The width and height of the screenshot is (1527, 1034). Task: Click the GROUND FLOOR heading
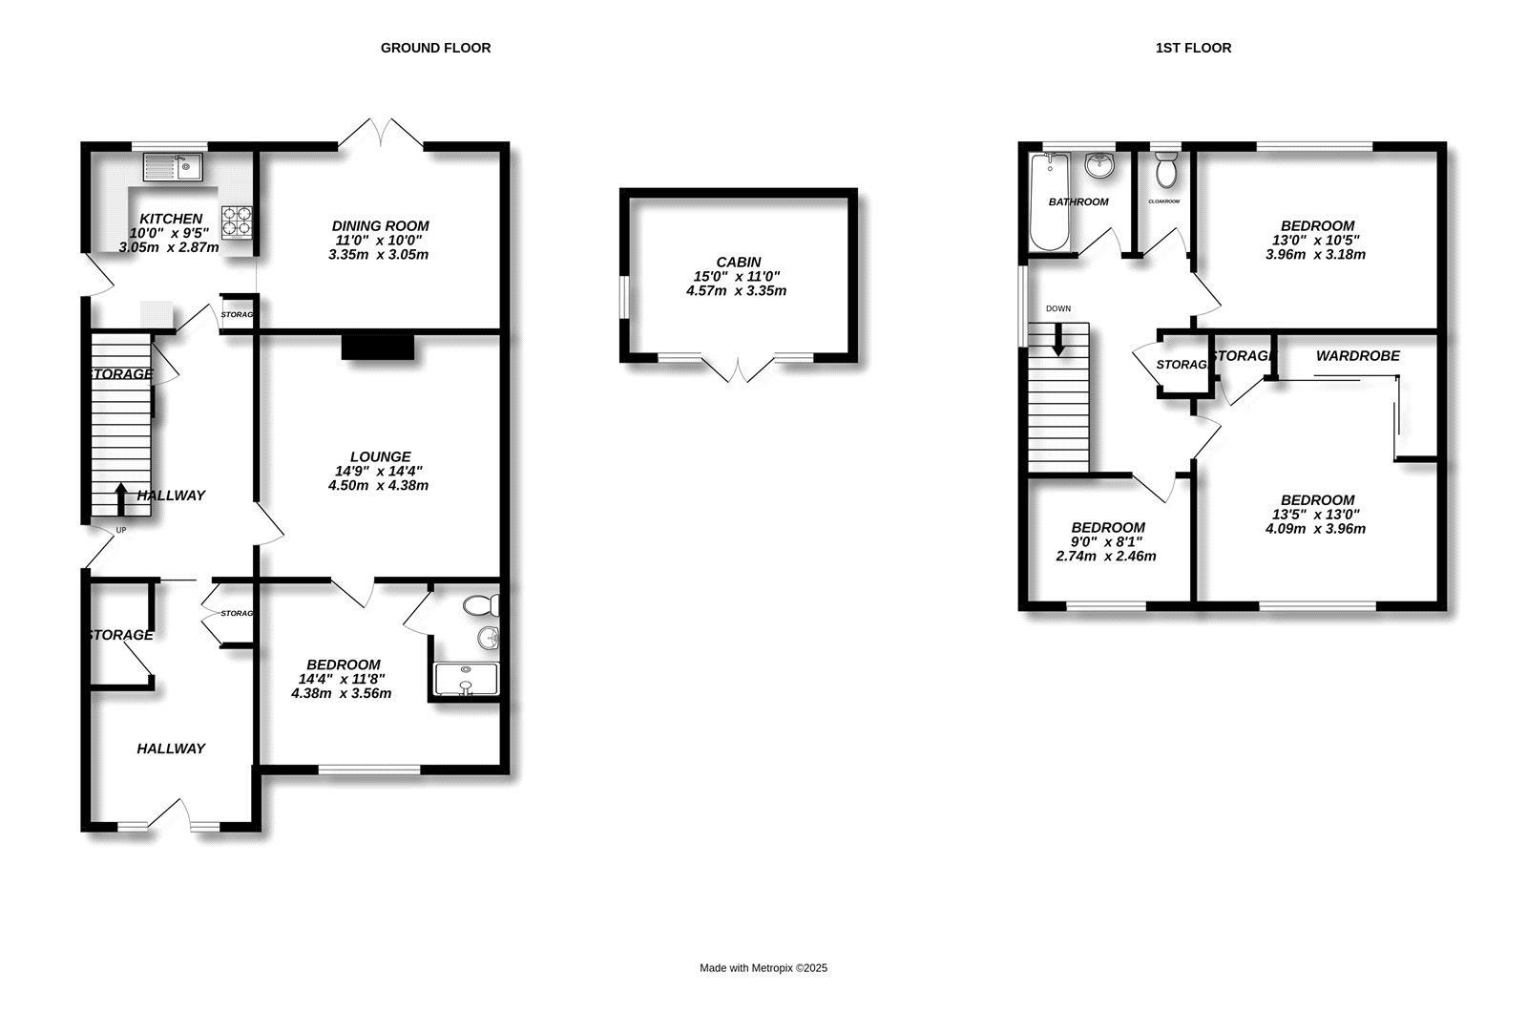435,48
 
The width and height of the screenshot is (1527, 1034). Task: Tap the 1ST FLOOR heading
1193,48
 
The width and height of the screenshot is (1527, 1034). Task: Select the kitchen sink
173,167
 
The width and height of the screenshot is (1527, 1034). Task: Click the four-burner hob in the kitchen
237,222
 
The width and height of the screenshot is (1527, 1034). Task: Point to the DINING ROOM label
381,225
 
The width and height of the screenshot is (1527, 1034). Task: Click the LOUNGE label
381,457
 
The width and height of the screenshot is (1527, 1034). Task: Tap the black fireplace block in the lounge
378,348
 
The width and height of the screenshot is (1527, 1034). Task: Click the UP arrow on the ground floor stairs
120,499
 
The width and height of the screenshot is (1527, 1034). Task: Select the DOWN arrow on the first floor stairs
1058,339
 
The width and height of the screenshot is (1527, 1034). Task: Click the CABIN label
739,262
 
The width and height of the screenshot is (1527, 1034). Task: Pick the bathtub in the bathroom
1049,201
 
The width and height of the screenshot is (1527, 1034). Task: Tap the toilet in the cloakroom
1166,170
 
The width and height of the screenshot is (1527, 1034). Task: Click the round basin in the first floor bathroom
1098,165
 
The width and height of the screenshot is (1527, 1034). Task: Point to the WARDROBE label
1357,356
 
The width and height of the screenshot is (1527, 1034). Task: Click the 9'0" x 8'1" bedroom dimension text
1108,541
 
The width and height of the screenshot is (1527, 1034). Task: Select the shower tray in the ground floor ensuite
467,680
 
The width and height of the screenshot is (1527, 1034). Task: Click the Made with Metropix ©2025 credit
763,968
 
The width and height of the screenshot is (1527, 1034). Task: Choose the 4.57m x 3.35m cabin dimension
736,291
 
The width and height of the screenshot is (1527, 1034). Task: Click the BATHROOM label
1078,201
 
